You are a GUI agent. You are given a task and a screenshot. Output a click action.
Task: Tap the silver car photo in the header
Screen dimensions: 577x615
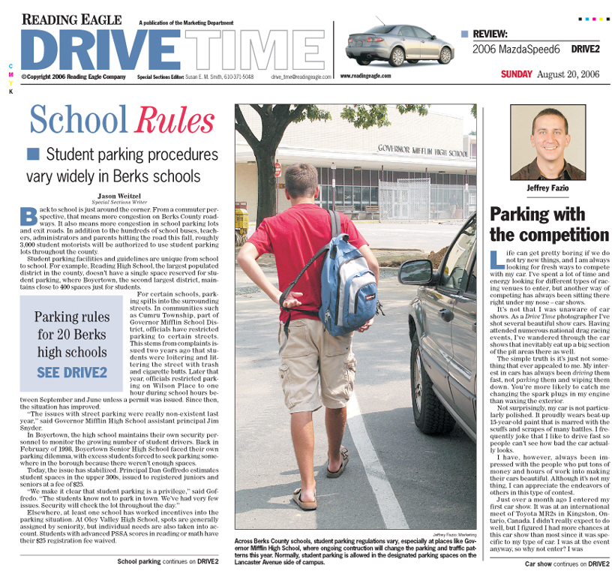(x=399, y=46)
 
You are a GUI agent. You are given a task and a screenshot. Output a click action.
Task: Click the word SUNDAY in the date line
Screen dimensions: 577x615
(x=517, y=74)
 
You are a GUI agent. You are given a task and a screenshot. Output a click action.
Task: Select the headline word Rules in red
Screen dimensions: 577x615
(x=174, y=120)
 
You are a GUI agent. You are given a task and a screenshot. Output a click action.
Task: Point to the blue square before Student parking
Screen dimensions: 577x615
(x=32, y=154)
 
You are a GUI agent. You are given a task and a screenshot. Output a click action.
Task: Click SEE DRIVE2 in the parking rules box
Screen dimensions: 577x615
(x=72, y=371)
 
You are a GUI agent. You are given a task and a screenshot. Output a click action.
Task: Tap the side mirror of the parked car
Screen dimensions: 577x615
(x=415, y=272)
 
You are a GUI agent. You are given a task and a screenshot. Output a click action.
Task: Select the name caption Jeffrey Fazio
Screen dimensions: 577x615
(x=548, y=188)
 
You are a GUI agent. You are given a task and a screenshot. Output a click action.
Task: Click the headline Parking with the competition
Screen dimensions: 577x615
(x=548, y=224)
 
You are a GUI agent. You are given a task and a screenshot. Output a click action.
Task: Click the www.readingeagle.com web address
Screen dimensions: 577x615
(x=366, y=76)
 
